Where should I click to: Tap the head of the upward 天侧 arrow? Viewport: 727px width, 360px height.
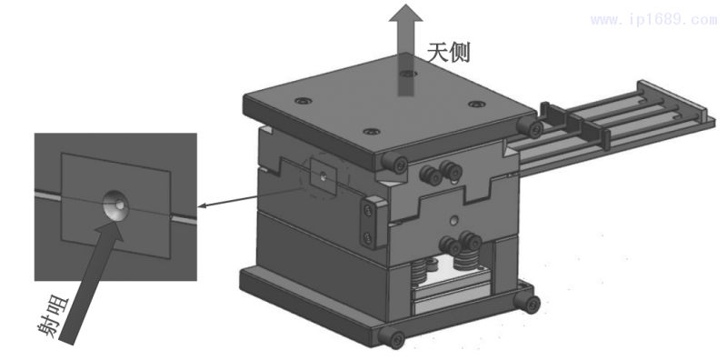[402, 15]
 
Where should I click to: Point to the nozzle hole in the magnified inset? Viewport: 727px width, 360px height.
[116, 205]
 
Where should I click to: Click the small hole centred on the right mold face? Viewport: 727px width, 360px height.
[451, 220]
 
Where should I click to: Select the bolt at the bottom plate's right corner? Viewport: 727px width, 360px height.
[528, 301]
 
